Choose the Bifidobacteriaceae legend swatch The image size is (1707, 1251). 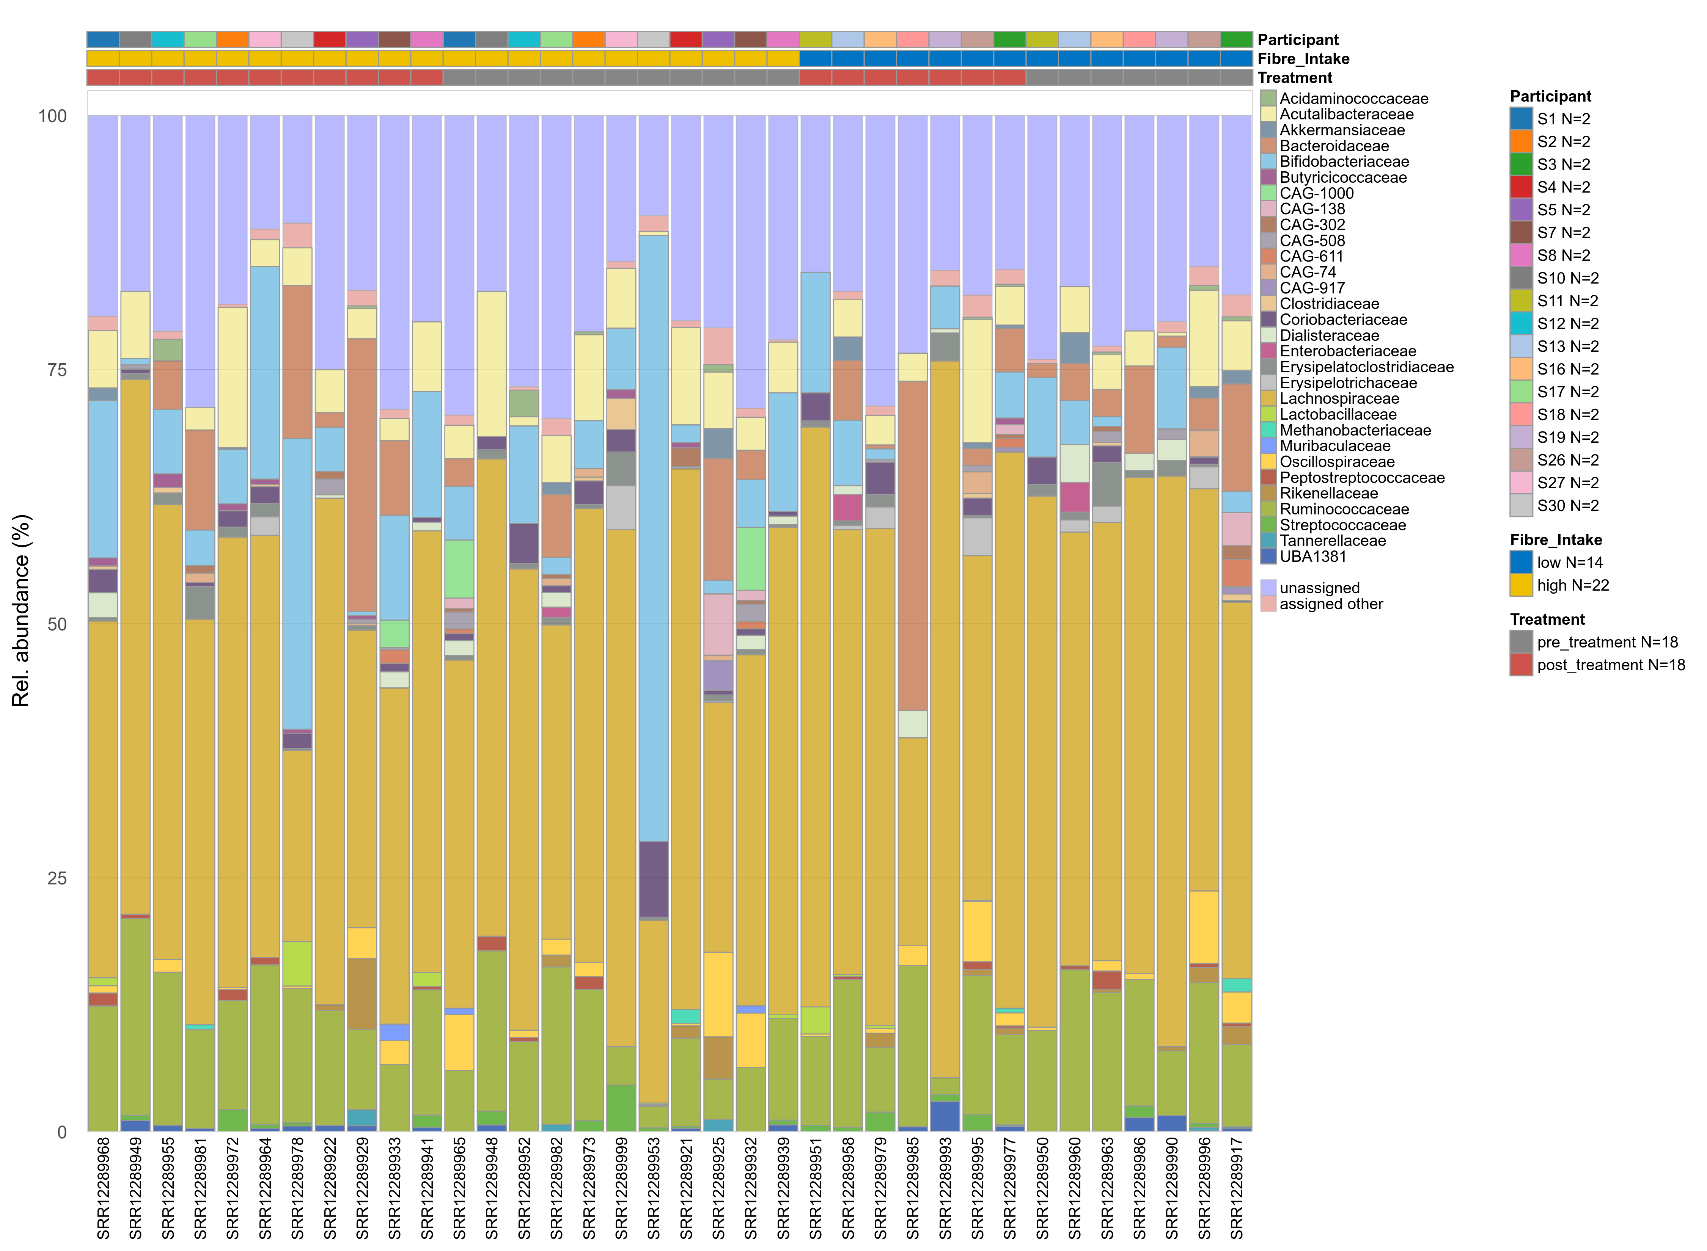click(1268, 161)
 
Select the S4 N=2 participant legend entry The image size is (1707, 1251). click(1563, 187)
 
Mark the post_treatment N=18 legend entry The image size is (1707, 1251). click(1610, 665)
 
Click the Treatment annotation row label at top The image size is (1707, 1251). click(1295, 77)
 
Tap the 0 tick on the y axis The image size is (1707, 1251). click(62, 1132)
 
